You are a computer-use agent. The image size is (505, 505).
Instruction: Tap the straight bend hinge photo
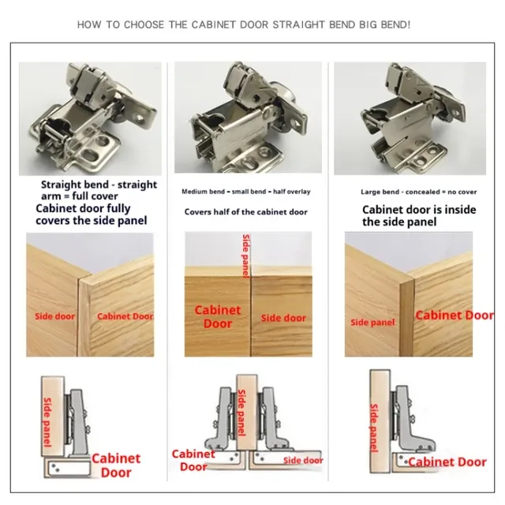[90, 118]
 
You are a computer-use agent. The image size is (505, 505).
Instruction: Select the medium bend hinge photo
[248, 118]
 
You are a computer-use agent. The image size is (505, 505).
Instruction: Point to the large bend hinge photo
[410, 118]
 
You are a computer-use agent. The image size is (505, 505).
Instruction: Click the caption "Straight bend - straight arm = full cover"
[99, 190]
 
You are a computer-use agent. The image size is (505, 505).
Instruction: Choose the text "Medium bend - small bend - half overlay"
[246, 192]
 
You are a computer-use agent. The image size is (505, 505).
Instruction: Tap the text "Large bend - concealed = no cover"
[419, 192]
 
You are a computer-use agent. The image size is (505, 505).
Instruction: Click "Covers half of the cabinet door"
[246, 212]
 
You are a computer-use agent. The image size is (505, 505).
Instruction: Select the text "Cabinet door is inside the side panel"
[419, 215]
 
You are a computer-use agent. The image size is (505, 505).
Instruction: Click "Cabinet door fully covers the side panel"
[92, 215]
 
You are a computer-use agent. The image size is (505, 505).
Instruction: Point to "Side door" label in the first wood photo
[54, 316]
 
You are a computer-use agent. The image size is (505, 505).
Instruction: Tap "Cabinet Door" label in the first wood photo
[125, 316]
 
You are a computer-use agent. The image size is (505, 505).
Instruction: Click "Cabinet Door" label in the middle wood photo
[218, 317]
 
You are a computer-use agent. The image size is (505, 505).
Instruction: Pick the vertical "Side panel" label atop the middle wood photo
[246, 256]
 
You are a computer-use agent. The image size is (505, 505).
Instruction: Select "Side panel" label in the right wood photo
[372, 323]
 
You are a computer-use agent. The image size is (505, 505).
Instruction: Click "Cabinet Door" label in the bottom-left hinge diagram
[116, 466]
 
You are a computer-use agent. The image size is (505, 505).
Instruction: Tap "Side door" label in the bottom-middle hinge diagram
[303, 461]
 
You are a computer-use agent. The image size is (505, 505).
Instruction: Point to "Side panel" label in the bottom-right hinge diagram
[373, 428]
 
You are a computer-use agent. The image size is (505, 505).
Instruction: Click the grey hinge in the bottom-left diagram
[77, 423]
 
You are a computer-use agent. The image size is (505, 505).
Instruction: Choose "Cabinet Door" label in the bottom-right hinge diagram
[447, 462]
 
